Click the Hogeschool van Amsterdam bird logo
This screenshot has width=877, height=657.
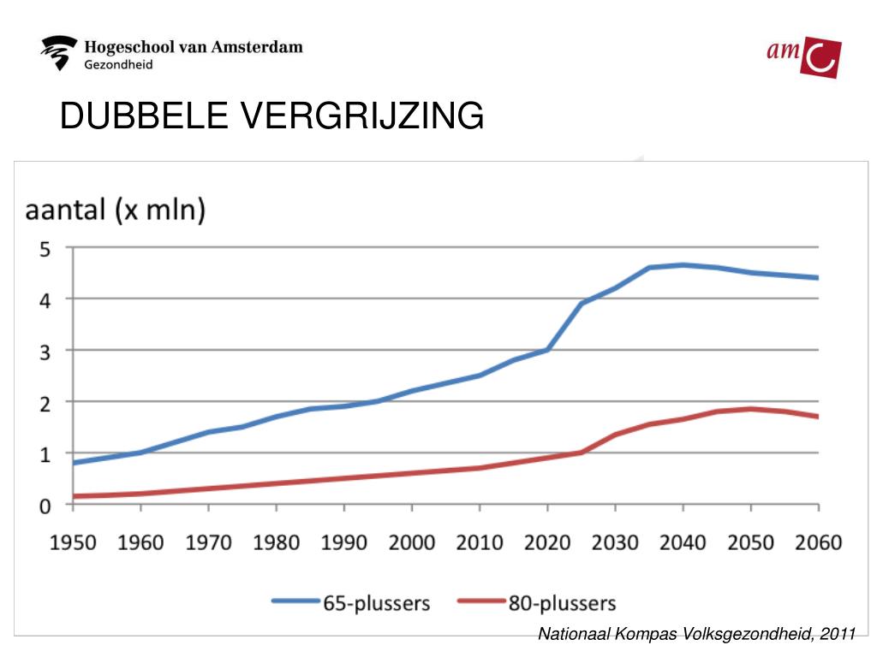click(59, 54)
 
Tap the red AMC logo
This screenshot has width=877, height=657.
click(803, 57)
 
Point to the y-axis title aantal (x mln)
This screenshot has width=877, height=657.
click(114, 210)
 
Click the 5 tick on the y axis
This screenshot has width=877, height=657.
click(46, 249)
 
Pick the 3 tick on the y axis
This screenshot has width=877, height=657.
click(46, 351)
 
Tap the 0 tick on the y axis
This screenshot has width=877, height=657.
click(46, 505)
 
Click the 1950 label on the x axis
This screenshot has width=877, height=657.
click(74, 542)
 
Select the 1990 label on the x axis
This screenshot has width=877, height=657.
click(344, 542)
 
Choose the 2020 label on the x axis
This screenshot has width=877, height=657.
click(547, 542)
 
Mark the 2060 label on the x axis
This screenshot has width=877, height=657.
click(818, 542)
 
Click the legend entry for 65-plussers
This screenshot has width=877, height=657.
click(351, 603)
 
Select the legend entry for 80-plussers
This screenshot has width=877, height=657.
click(537, 603)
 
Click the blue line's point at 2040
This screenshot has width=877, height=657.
click(683, 265)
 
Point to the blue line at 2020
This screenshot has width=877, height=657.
click(547, 350)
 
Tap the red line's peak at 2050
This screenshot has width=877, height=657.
click(751, 409)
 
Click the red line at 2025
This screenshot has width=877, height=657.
click(582, 452)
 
